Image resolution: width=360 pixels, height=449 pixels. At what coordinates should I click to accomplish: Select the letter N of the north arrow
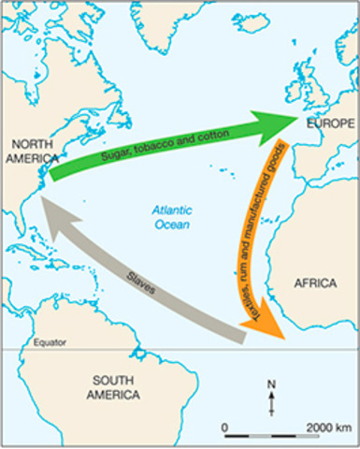[x=272, y=384]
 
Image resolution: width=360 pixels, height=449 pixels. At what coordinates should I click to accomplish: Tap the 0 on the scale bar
[x=225, y=427]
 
